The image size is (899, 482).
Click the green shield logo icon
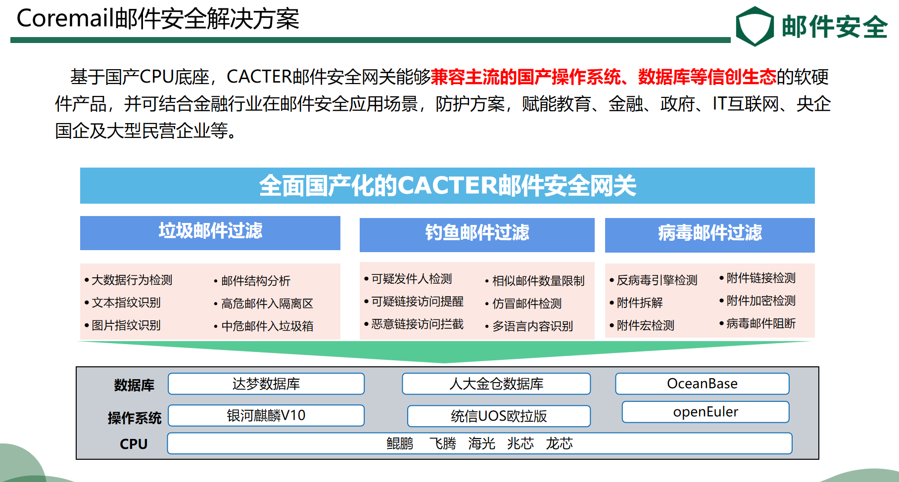[755, 26]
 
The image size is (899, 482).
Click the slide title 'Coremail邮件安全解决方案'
[158, 19]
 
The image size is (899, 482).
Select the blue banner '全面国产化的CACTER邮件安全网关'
[447, 185]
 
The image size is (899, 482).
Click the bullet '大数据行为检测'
[132, 280]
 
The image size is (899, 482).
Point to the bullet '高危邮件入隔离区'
[267, 304]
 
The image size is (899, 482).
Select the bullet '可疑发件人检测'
[412, 279]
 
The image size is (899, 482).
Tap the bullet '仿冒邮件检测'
[526, 304]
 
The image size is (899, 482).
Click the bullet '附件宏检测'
[645, 325]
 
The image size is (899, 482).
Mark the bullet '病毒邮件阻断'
[760, 323]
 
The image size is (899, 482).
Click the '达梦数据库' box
[266, 384]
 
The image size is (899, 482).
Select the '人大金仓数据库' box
[496, 384]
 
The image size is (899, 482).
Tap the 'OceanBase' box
[702, 384]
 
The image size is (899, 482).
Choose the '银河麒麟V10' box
[266, 415]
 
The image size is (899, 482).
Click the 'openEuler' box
[706, 412]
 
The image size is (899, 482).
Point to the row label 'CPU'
[134, 444]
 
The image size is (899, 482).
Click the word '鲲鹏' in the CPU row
[400, 443]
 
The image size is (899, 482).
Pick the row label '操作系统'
[135, 418]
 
